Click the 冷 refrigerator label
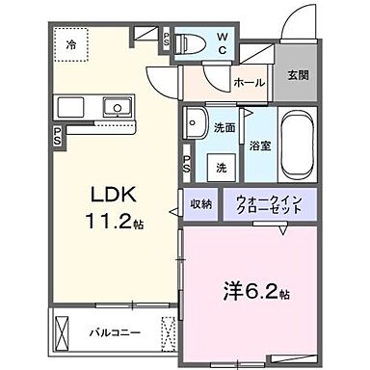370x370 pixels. click(x=70, y=44)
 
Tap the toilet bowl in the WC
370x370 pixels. click(x=192, y=43)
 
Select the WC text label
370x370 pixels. click(x=222, y=44)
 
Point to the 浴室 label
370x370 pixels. click(x=259, y=147)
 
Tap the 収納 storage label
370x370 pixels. click(x=200, y=203)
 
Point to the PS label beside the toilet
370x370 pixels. click(x=166, y=40)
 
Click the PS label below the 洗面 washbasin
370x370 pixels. click(x=186, y=165)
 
